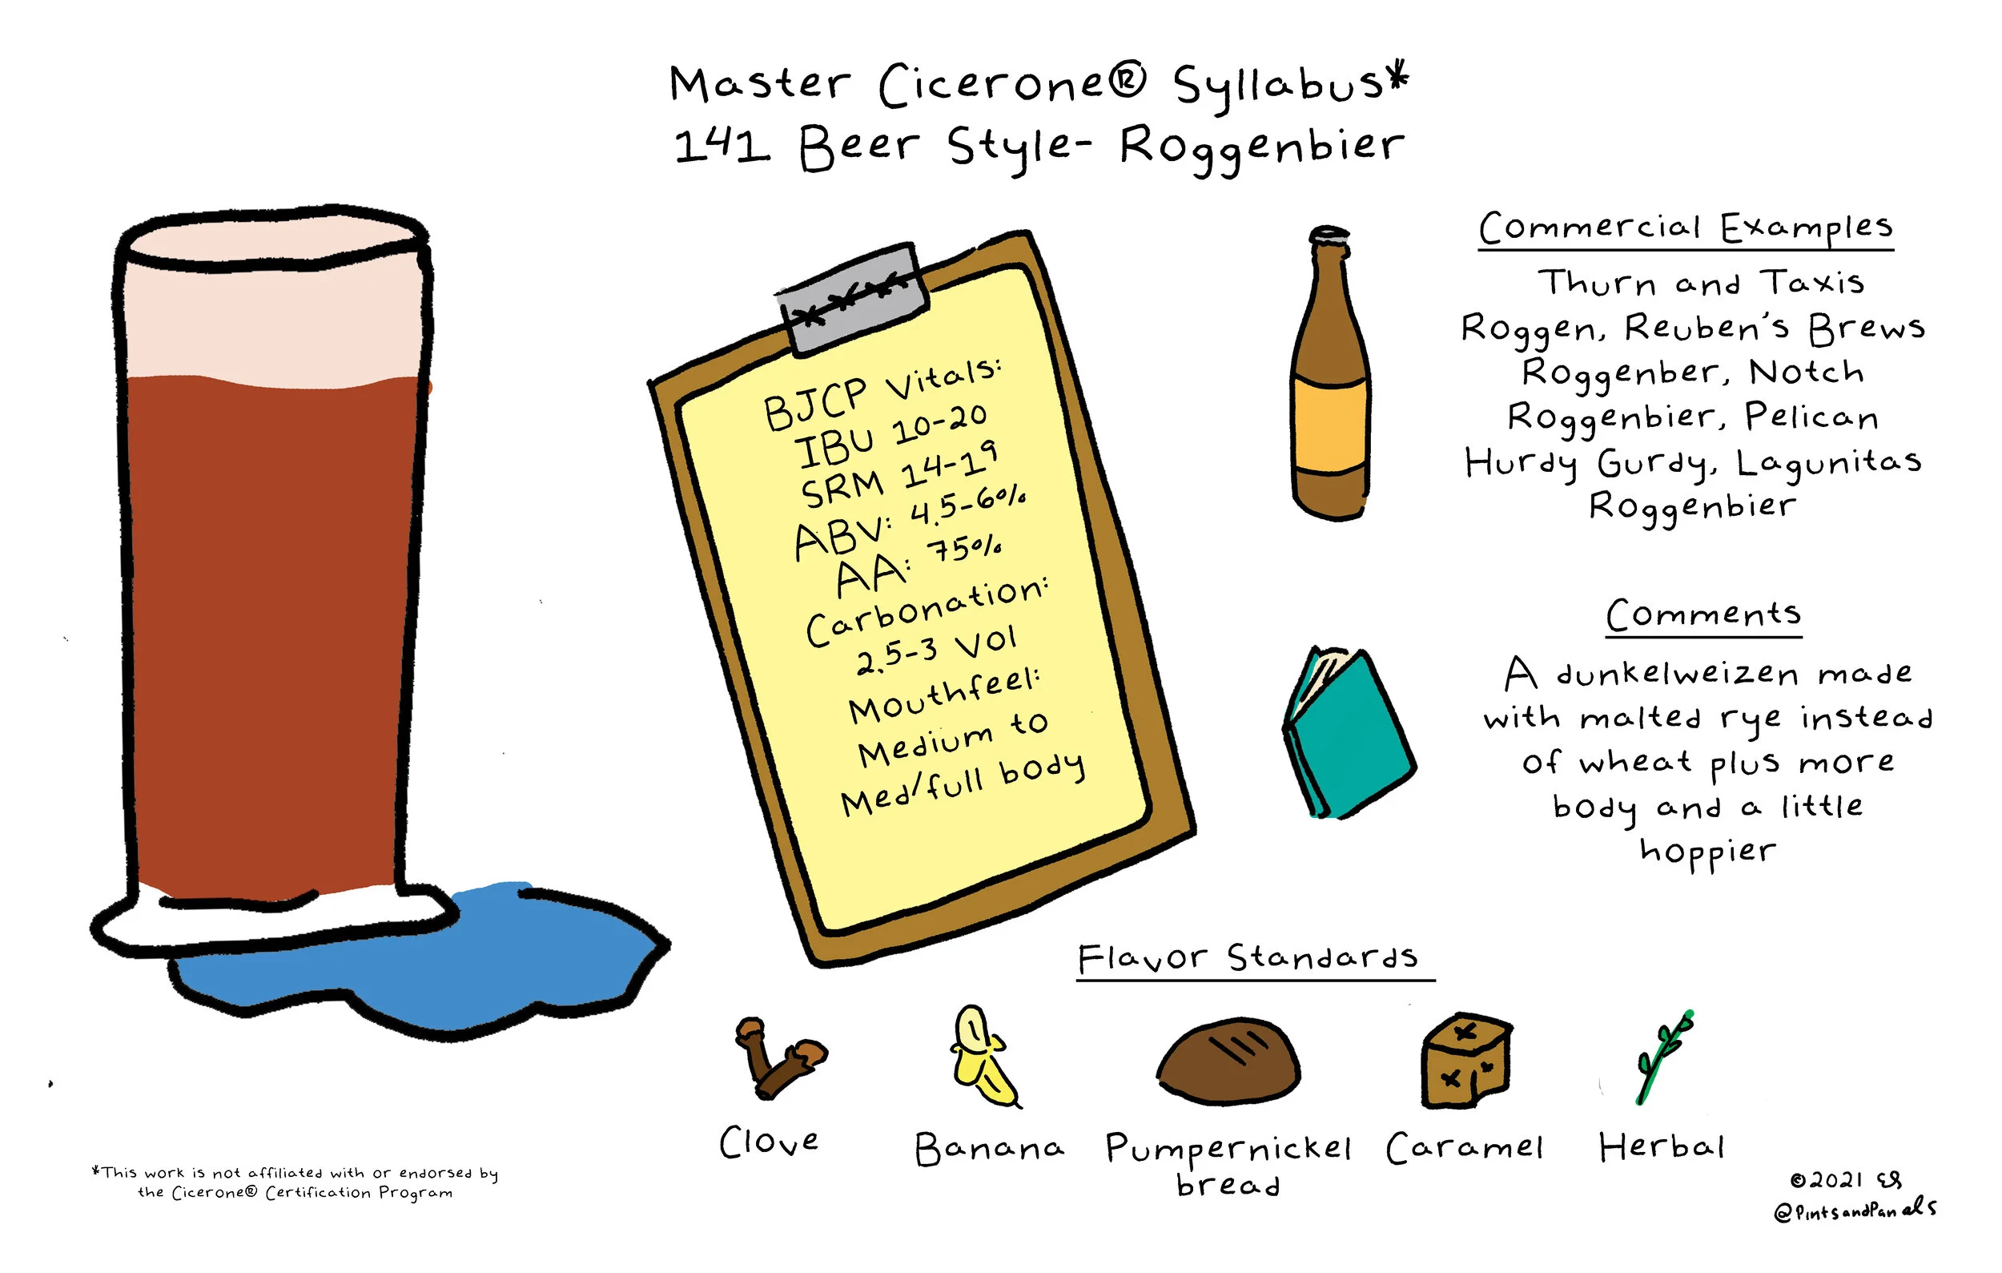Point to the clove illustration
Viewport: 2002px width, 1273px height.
coord(778,1058)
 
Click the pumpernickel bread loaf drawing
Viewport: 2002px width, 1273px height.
coord(1228,1060)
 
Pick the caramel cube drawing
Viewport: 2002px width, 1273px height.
coord(1465,1061)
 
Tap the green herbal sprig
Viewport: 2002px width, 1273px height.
coord(1663,1057)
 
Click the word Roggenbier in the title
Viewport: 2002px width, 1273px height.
coord(1261,148)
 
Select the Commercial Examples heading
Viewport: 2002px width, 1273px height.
coord(1686,228)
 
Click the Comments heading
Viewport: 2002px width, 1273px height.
coord(1703,615)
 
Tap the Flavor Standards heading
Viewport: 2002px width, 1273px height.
coord(1248,958)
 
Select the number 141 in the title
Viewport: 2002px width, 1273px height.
coord(722,145)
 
